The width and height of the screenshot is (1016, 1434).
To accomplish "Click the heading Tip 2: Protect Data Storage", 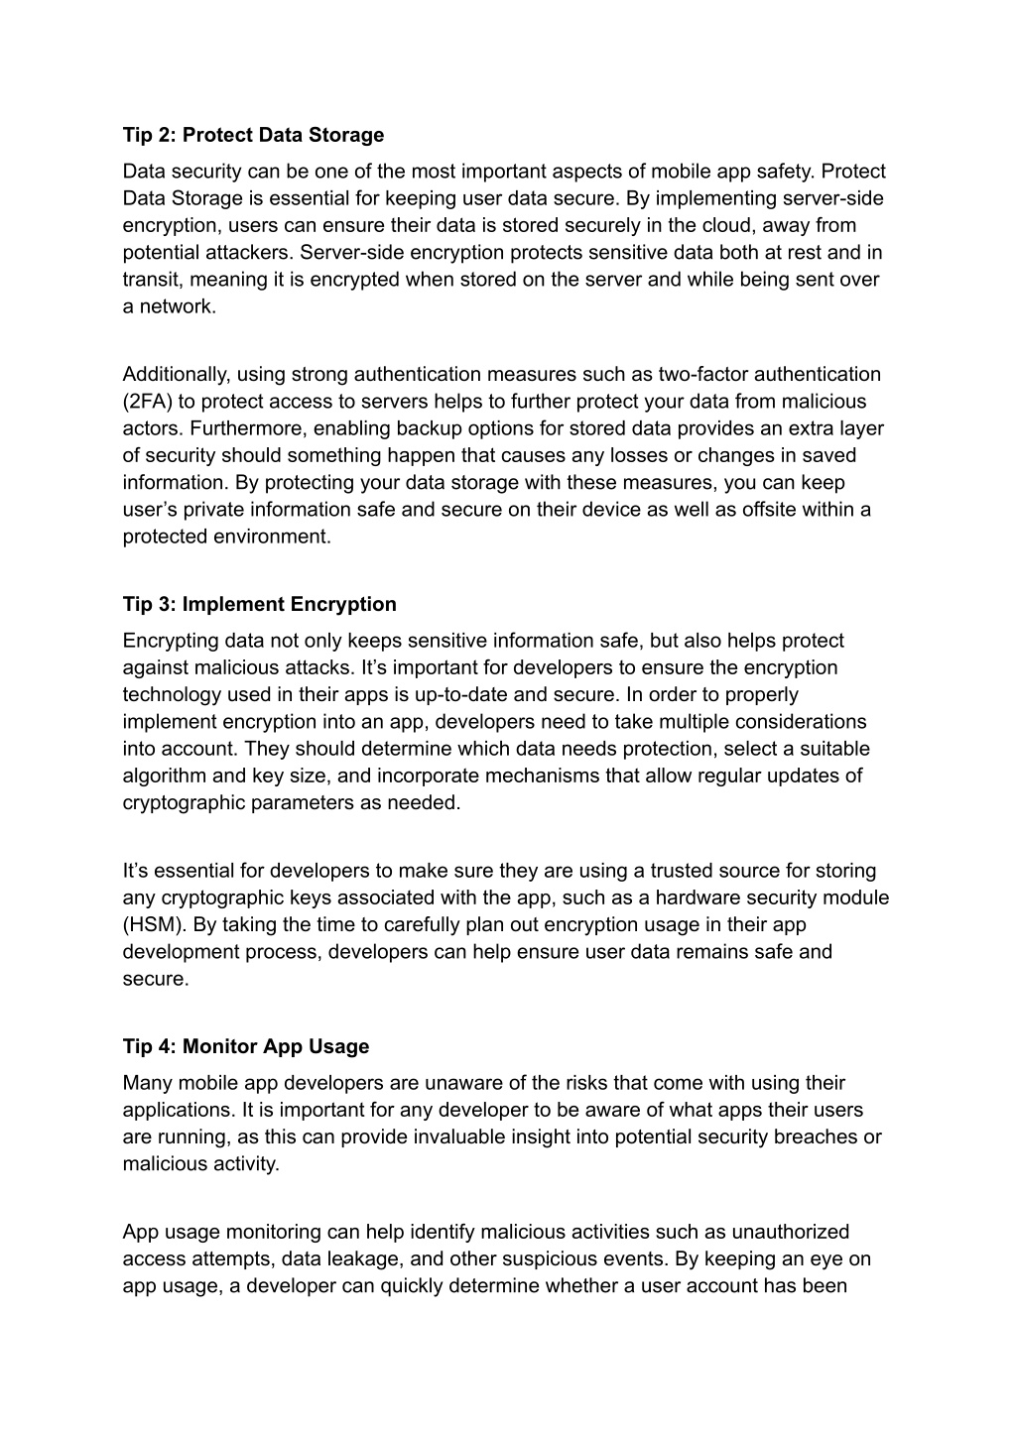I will click(253, 135).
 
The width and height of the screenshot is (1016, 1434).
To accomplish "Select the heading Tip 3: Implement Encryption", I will click(259, 604).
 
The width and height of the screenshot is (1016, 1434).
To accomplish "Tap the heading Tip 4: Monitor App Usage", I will click(245, 1046).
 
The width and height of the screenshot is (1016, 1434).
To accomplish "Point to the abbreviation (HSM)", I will click(152, 924).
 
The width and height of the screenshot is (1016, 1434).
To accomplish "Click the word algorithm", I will click(162, 776).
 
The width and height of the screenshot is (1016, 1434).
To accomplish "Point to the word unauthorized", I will click(790, 1232).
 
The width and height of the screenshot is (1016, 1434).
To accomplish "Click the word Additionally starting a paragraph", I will click(176, 374).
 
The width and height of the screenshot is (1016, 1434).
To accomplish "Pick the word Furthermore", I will click(252, 428).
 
